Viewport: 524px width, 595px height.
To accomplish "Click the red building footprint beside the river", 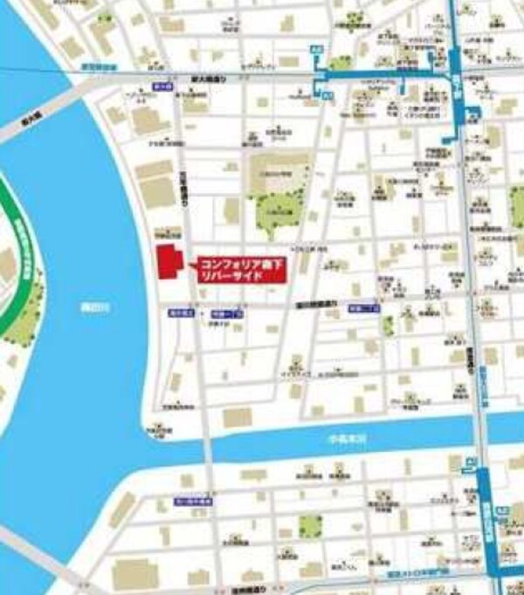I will coord(167,263).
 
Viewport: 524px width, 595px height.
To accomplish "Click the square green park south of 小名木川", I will coord(310,525).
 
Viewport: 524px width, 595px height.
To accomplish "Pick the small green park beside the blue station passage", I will coord(341,63).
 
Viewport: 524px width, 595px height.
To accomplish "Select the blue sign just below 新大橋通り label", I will coord(160,87).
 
